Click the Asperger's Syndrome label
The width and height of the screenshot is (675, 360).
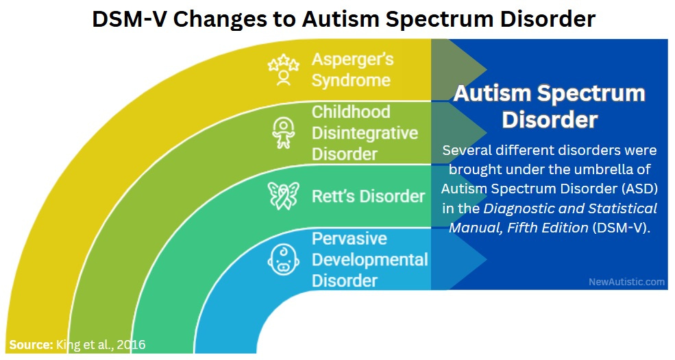coord(351,69)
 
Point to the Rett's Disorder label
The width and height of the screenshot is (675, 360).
coord(368,196)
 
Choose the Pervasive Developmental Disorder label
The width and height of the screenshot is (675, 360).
coord(369,260)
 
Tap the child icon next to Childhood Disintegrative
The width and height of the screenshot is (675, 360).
coord(283,133)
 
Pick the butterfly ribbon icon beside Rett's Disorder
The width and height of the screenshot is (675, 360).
coord(283,196)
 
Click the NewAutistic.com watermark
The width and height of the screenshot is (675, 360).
coord(626,281)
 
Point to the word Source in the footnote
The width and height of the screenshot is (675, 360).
coord(30,344)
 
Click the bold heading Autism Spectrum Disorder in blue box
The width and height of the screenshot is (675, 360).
coord(549,106)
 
